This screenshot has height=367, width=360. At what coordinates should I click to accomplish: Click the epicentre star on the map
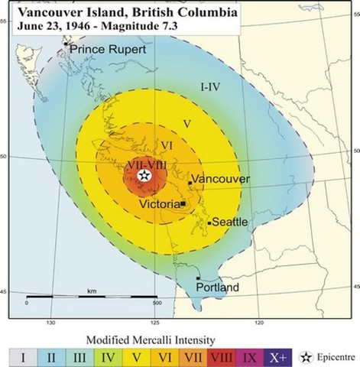point(144,175)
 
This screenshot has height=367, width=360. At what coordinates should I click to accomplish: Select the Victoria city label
point(159,205)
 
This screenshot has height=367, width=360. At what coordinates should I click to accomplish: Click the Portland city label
point(217,287)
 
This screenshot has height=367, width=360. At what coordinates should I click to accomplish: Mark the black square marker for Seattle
point(209,222)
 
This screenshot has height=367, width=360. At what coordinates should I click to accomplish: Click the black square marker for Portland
point(198,278)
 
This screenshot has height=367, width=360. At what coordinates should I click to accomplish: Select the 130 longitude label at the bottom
point(51,323)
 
